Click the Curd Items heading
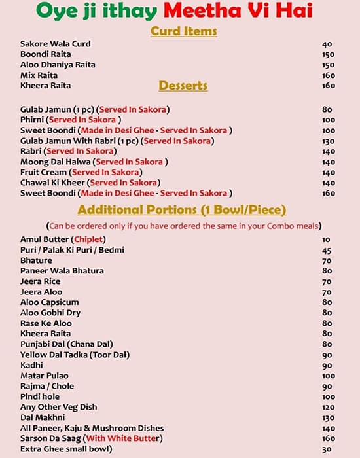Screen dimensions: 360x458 tap(184, 31)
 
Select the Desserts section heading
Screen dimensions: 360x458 tap(183, 86)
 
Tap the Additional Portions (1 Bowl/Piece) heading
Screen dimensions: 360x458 tap(181, 210)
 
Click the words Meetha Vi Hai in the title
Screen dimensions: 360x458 tap(238, 10)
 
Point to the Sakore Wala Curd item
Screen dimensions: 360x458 tap(56, 44)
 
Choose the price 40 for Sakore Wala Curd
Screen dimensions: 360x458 tap(327, 44)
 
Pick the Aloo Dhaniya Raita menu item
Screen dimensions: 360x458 tap(58, 65)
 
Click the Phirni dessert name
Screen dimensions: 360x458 tap(31, 120)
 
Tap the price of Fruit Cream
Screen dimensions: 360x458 tap(328, 172)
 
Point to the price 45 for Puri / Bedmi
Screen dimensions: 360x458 tap(327, 250)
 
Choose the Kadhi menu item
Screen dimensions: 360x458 tap(31, 365)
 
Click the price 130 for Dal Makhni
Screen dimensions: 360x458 tap(328, 417)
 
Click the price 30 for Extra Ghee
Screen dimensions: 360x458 tap(327, 449)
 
